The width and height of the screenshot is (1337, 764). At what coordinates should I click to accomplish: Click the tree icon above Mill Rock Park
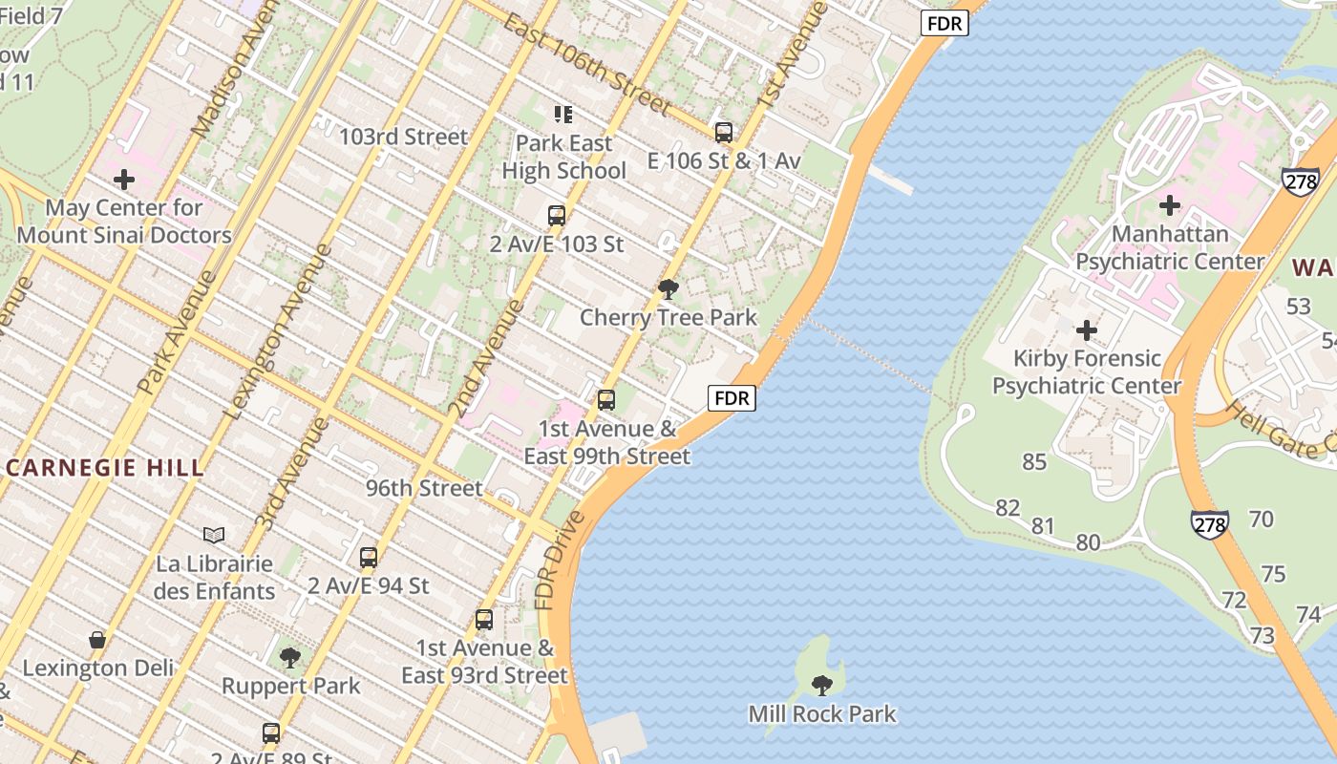click(x=821, y=685)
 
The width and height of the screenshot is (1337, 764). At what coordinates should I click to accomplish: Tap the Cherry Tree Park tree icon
click(x=668, y=288)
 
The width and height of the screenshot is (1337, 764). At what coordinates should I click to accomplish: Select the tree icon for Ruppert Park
click(x=290, y=657)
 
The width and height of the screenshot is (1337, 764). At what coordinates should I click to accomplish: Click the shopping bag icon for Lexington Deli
click(x=97, y=639)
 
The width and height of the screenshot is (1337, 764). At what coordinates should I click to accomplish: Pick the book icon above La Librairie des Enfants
click(x=214, y=535)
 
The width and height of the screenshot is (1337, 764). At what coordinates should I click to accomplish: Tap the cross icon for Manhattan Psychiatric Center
click(x=1170, y=205)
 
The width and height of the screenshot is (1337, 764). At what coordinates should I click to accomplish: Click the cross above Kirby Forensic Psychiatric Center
click(x=1087, y=330)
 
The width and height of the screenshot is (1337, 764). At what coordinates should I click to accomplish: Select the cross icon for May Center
click(x=124, y=180)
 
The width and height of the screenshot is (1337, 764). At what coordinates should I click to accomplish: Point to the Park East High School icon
click(x=563, y=115)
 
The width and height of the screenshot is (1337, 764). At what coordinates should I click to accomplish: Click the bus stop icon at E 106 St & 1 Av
click(x=724, y=133)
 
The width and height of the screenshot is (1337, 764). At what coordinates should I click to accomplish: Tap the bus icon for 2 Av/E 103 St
click(x=557, y=216)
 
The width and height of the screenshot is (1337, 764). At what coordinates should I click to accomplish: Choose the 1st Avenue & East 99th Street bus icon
click(x=606, y=400)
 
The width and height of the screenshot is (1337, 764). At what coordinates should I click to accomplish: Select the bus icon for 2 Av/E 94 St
click(x=369, y=558)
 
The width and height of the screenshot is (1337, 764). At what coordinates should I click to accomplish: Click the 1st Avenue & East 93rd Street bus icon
click(x=484, y=620)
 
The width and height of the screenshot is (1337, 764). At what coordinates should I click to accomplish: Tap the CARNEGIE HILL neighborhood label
click(x=105, y=468)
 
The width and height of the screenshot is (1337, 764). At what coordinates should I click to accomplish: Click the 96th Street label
click(x=424, y=488)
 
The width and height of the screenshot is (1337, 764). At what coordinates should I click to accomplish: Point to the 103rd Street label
click(x=404, y=137)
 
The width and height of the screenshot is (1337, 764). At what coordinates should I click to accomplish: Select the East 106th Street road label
click(x=587, y=65)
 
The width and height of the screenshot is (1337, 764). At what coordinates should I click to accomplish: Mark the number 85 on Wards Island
click(x=1034, y=461)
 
